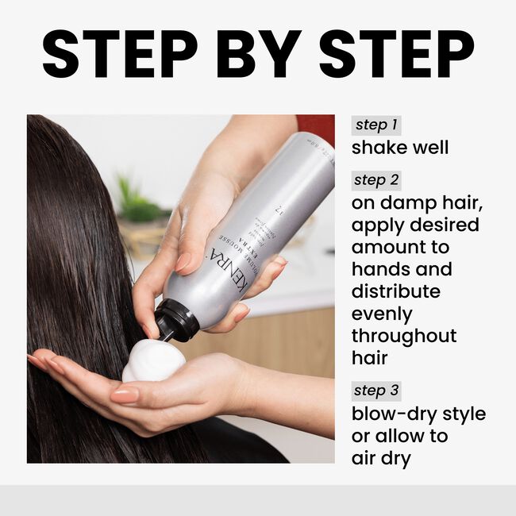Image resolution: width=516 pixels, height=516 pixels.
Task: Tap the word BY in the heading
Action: (x=259, y=53)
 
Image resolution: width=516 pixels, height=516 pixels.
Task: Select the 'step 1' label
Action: (x=376, y=125)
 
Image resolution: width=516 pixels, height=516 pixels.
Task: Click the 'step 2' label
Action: (x=377, y=180)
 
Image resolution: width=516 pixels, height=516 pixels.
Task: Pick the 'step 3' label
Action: (x=377, y=391)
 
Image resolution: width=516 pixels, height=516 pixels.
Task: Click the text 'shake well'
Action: (x=400, y=148)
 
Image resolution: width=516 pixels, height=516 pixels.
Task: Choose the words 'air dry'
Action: (x=381, y=458)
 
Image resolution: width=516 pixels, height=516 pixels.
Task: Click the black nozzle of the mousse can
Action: (x=175, y=318)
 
